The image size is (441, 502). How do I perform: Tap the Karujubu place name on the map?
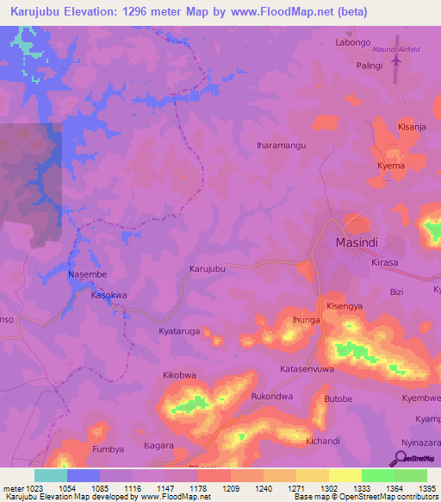[x=207, y=269]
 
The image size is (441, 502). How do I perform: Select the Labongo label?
[x=352, y=43]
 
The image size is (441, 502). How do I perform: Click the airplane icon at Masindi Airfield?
[x=396, y=62]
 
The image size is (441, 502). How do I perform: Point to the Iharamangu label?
[x=282, y=146]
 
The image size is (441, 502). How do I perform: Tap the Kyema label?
[x=390, y=165]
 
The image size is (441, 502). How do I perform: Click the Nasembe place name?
[x=86, y=274]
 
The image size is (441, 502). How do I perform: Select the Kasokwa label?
[x=109, y=295]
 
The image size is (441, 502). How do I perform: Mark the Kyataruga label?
[x=179, y=331]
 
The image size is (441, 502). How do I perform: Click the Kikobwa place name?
[x=179, y=376]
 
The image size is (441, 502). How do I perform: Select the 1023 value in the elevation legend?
[x=29, y=487]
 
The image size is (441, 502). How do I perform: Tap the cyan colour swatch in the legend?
[x=50, y=475]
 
